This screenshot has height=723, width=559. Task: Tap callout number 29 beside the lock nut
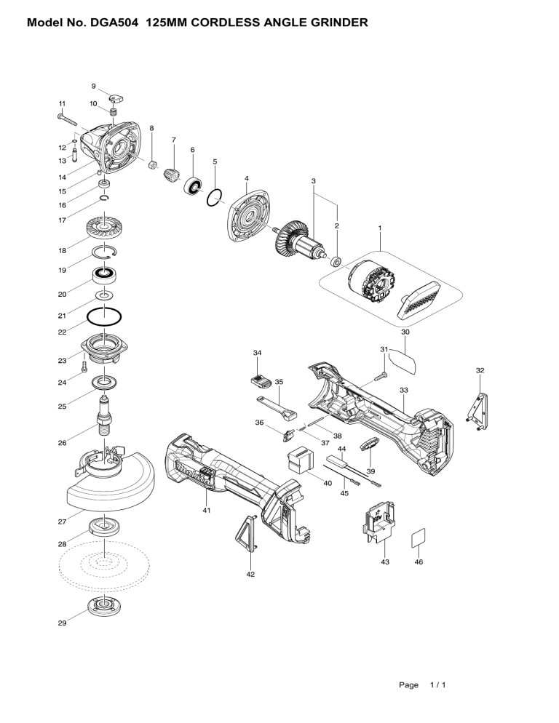click(63, 623)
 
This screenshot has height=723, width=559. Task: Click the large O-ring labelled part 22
click(104, 317)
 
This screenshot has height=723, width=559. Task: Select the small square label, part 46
click(419, 538)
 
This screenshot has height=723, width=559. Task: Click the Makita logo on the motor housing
click(191, 476)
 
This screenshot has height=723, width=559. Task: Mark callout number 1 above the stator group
click(380, 228)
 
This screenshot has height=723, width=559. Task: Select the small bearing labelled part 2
click(337, 262)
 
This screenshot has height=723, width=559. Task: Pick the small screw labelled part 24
click(84, 367)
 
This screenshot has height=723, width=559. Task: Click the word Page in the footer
click(408, 684)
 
